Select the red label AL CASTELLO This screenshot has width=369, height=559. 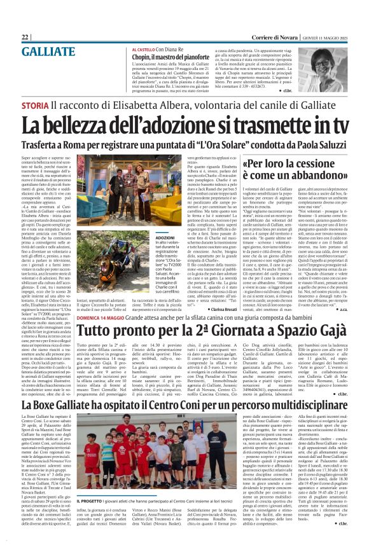point(146,49)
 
